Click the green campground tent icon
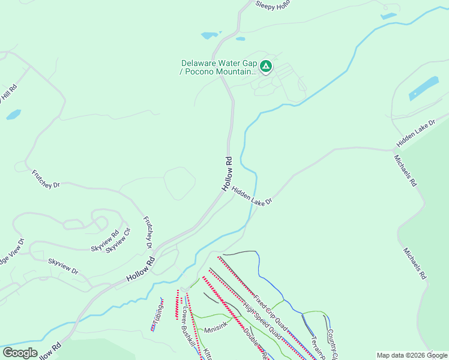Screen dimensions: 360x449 click(266, 66)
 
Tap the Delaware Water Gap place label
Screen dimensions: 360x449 click(219, 67)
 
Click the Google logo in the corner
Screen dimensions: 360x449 click(20, 353)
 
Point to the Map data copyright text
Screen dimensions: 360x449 click(412, 355)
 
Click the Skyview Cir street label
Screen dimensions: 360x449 click(118, 240)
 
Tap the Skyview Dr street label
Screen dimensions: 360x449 click(63, 266)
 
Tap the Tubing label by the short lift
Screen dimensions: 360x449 click(158, 314)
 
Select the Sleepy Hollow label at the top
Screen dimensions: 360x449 click(273, 5)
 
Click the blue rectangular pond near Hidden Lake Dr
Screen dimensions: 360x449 click(423, 88)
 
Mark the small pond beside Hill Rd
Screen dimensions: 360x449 click(13, 114)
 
